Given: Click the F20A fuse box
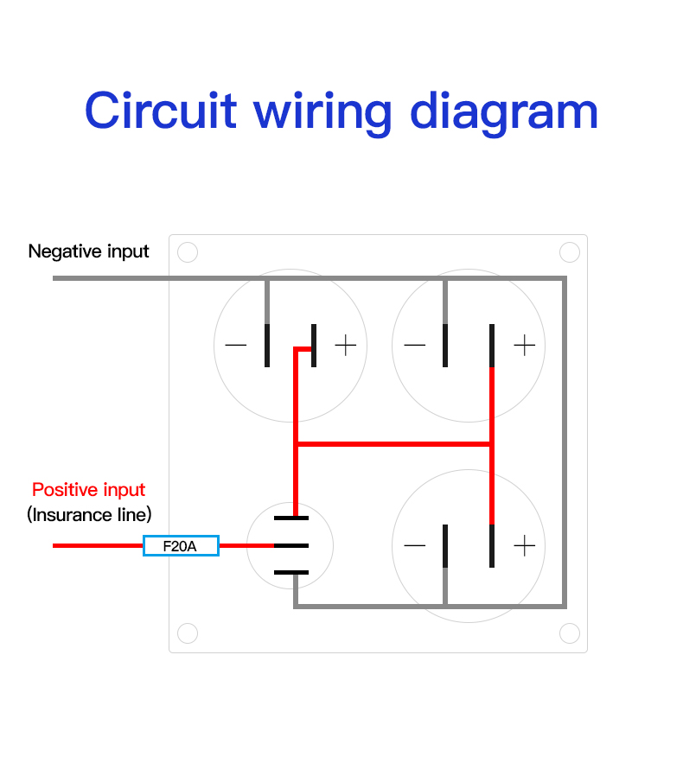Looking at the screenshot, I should point(181,545).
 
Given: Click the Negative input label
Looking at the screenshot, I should point(88,251).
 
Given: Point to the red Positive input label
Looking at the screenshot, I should point(88,490).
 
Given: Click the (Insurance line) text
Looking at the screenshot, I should point(89,515).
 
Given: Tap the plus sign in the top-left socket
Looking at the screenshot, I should point(345,346).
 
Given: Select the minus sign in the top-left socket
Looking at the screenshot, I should point(235,346).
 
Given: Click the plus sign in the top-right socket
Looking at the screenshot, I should point(525,346).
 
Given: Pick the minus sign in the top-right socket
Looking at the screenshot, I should point(415,346).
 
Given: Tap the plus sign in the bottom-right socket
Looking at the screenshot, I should point(525,545).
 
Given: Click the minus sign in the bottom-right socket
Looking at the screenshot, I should point(415,545).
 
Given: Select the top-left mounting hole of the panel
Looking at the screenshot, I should point(188,252).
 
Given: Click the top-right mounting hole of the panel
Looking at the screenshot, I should point(569,252).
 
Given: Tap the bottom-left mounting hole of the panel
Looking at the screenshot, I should point(188,633).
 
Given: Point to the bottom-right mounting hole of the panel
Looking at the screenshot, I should point(569,633).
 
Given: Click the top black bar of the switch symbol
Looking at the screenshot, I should point(291,518).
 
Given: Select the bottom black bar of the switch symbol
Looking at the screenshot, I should point(291,572).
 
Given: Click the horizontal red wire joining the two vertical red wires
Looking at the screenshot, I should point(393,444).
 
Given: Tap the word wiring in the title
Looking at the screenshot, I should point(323,112).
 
